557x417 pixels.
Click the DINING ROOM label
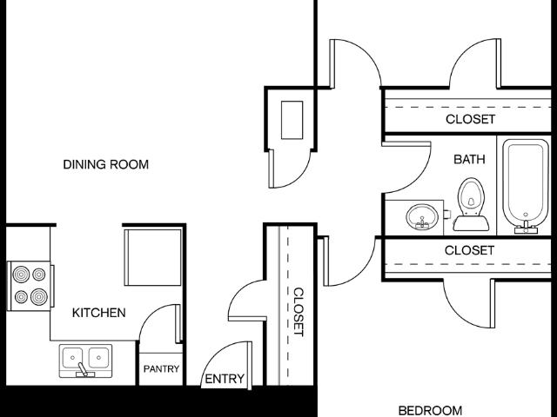pyautogui.click(x=106, y=164)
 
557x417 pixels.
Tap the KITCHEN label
pyautogui.click(x=98, y=313)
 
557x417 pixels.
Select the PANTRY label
pyautogui.click(x=161, y=368)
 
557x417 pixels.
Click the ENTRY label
pyautogui.click(x=225, y=379)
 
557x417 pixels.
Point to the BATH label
pyautogui.click(x=469, y=159)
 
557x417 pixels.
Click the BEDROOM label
pyautogui.click(x=430, y=411)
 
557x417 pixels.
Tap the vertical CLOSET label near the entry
pyautogui.click(x=299, y=312)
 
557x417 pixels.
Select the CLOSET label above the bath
pyautogui.click(x=470, y=119)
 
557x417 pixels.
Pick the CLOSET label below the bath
pyautogui.click(x=469, y=250)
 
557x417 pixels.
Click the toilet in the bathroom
pyautogui.click(x=471, y=205)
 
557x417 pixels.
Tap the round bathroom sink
pyautogui.click(x=422, y=216)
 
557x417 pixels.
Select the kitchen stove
pyautogui.click(x=30, y=286)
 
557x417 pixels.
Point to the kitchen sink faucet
pyautogui.click(x=84, y=370)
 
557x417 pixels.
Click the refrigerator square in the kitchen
pyautogui.click(x=153, y=257)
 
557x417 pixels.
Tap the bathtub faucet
pyautogui.click(x=526, y=226)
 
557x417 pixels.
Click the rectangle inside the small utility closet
pyautogui.click(x=292, y=120)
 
